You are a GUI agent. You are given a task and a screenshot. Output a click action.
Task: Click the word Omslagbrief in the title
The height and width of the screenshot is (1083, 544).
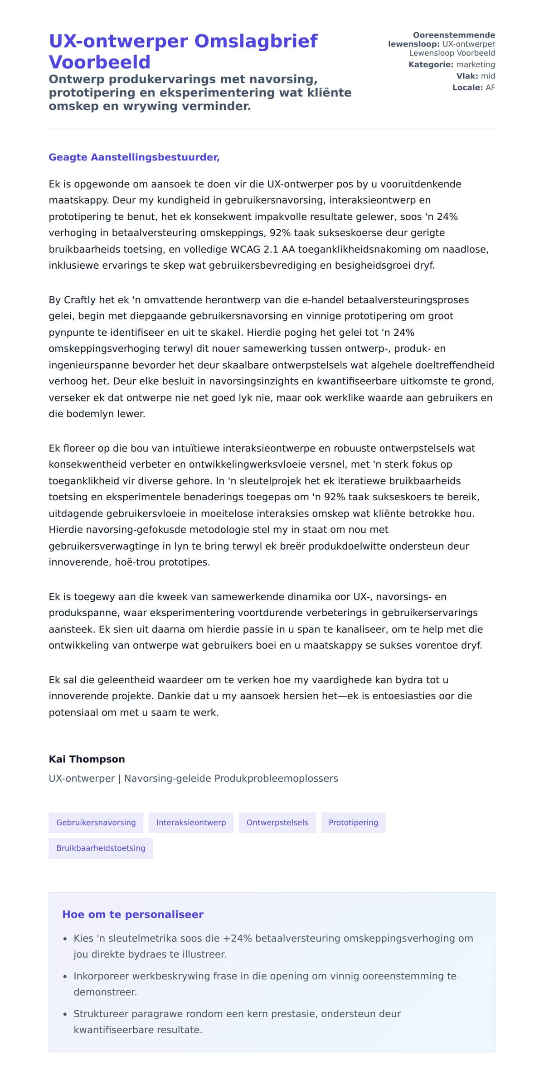coord(256,41)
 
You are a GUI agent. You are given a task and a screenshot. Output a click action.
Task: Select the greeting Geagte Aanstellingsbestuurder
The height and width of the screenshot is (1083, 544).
coord(134,157)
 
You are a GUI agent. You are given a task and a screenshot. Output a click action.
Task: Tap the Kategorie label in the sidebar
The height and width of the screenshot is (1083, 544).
coord(431,65)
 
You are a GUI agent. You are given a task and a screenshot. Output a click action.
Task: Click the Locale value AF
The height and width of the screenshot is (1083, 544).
coord(490,87)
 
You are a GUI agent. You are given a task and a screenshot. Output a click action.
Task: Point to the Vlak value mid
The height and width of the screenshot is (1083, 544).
coord(488,76)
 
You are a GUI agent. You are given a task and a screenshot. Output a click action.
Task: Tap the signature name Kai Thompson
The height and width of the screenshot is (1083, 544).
coord(87,759)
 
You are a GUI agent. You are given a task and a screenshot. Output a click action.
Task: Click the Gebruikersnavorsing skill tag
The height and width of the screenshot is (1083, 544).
coord(96,822)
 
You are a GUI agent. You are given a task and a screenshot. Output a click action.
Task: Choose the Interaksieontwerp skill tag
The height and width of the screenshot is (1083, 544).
coord(191,822)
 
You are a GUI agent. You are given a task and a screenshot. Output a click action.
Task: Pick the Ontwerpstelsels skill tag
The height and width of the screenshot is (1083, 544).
coord(277,822)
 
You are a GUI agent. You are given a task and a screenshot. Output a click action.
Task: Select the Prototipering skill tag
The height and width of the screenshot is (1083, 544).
coord(353,822)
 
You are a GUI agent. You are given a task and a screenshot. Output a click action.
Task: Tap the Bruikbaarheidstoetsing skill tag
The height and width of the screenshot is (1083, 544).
coord(101,848)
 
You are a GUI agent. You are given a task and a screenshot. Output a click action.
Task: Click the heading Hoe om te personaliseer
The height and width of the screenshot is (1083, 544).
coord(133,914)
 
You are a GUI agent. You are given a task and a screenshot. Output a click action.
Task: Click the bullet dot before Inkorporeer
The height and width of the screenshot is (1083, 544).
coord(65,977)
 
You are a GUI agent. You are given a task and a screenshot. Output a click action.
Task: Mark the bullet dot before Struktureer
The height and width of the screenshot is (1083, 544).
coord(65,1014)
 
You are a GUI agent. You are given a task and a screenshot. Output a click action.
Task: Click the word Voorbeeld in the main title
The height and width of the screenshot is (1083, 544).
coord(99,62)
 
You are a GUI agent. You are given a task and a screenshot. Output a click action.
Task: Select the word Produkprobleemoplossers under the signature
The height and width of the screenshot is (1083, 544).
coord(276,778)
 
